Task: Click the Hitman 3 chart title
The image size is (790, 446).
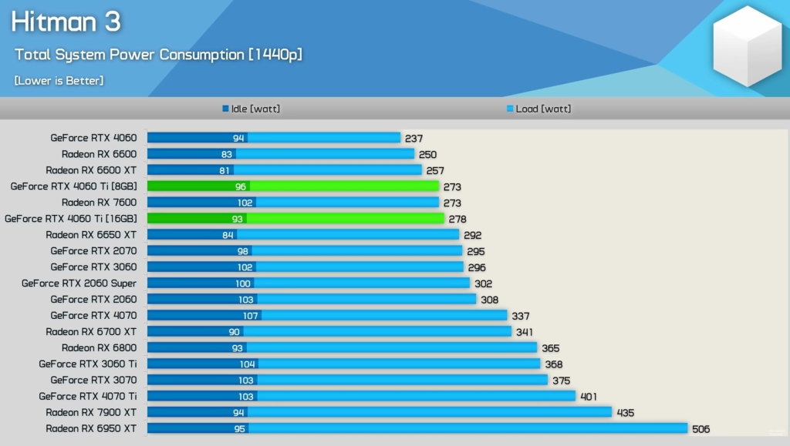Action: coord(66,22)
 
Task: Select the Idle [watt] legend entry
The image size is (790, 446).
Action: coord(252,109)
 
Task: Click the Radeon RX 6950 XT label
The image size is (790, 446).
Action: coord(91,428)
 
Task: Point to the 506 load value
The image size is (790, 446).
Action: coord(701,429)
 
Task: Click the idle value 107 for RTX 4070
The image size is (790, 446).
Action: coord(250,315)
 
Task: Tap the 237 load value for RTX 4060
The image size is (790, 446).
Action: coord(414,139)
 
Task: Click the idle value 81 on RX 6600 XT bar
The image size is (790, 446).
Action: coord(225,170)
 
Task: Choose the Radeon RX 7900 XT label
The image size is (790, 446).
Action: coord(91,412)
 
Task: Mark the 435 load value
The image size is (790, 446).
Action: coord(625,413)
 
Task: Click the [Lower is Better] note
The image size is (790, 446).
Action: coord(59,80)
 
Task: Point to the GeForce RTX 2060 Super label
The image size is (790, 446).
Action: coord(79,283)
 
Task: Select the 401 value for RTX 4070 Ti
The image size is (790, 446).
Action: coord(589,397)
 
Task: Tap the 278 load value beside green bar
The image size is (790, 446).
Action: coord(457,220)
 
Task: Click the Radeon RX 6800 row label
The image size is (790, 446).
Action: coord(99,347)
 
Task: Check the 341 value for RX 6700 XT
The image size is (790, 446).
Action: coord(525,332)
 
